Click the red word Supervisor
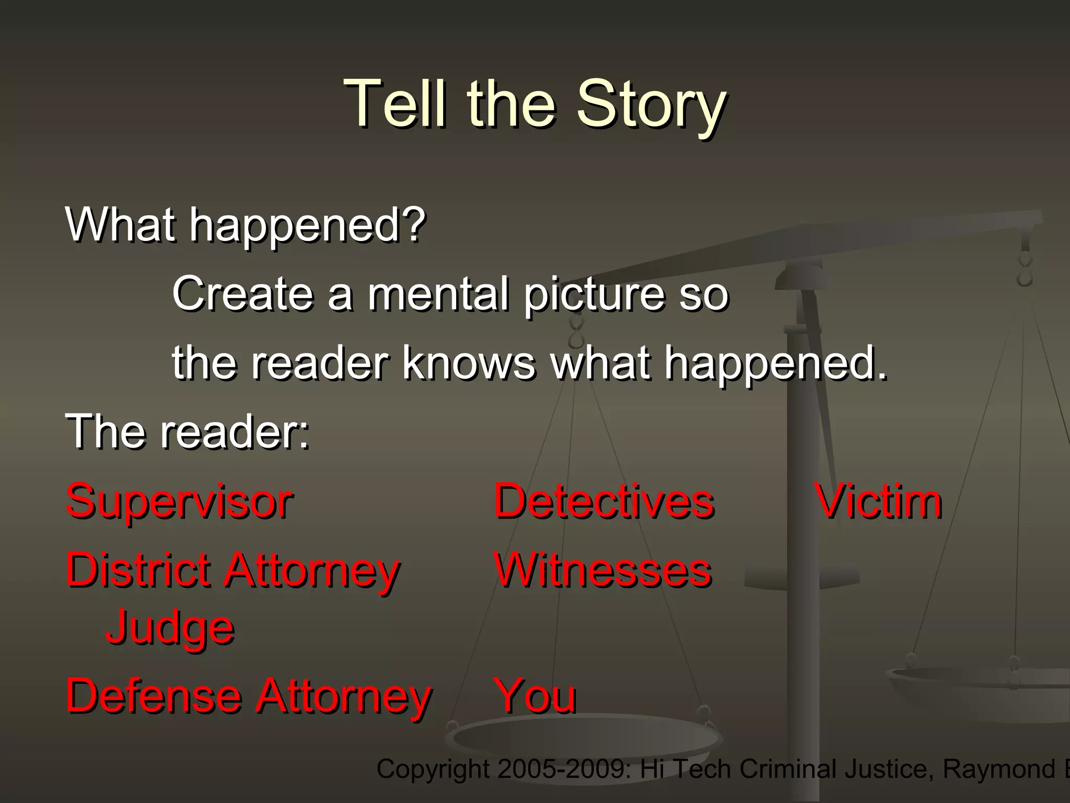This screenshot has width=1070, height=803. point(179,502)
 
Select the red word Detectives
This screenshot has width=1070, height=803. point(603,502)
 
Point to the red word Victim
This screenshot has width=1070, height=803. point(879,502)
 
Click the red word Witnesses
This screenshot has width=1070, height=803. point(602,570)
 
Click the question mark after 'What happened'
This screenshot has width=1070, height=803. point(416,225)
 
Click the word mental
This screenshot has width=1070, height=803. point(438,294)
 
